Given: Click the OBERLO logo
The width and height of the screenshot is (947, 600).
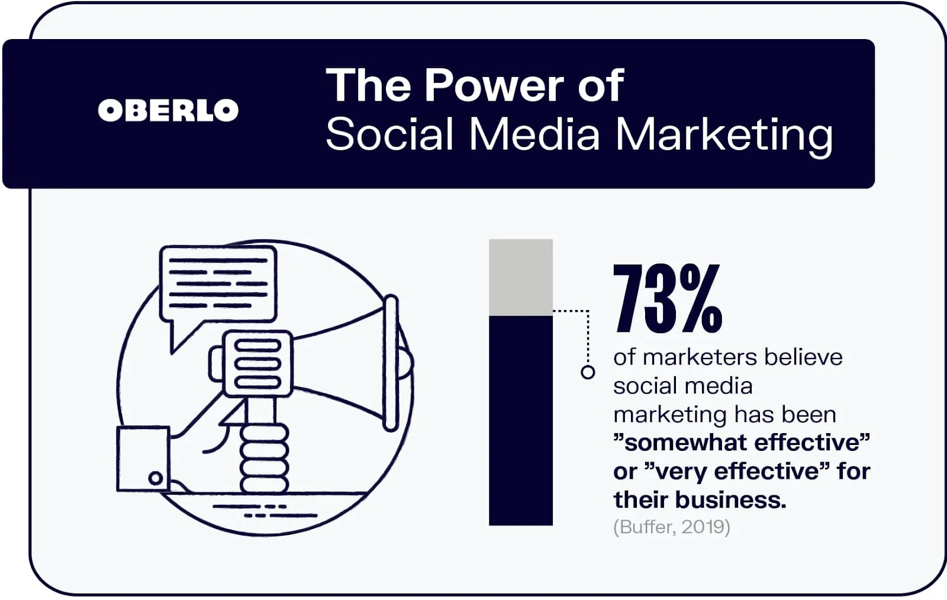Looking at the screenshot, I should pyautogui.click(x=168, y=111).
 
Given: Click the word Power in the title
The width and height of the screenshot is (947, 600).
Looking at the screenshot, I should pyautogui.click(x=494, y=86).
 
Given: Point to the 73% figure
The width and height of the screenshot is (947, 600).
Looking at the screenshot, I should pyautogui.click(x=667, y=299).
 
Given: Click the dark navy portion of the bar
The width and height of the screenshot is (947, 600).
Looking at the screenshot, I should pyautogui.click(x=520, y=420).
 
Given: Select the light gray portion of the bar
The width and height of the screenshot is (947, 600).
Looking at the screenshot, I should pyautogui.click(x=520, y=277).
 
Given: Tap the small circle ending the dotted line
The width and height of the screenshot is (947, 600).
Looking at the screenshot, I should pyautogui.click(x=588, y=372).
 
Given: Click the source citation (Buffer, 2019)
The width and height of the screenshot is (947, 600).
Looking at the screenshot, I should pyautogui.click(x=671, y=527).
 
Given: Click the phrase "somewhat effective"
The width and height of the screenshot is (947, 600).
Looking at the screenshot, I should pyautogui.click(x=742, y=443).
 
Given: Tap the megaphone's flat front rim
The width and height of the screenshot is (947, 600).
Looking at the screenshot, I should pyautogui.click(x=391, y=362).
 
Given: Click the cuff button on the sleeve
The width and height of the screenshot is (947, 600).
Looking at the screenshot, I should pyautogui.click(x=156, y=478).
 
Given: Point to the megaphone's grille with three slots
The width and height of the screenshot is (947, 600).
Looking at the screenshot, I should pyautogui.click(x=257, y=363).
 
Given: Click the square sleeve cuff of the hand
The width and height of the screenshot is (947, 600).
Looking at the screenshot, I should pyautogui.click(x=143, y=459).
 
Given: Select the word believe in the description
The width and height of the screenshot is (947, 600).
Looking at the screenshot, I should pyautogui.click(x=803, y=357).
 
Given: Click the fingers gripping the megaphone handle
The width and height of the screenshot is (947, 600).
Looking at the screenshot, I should pyautogui.click(x=264, y=459).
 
